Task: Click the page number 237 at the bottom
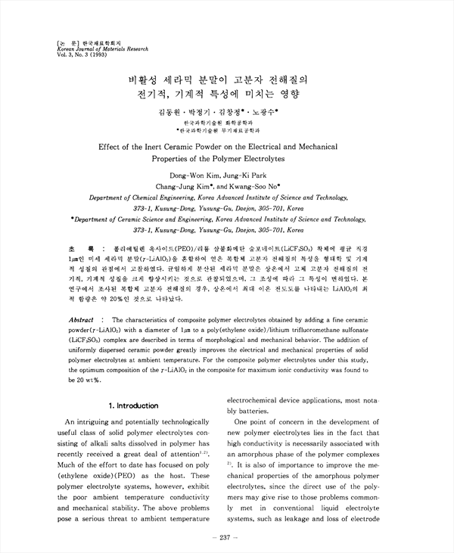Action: pos(227,538)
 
